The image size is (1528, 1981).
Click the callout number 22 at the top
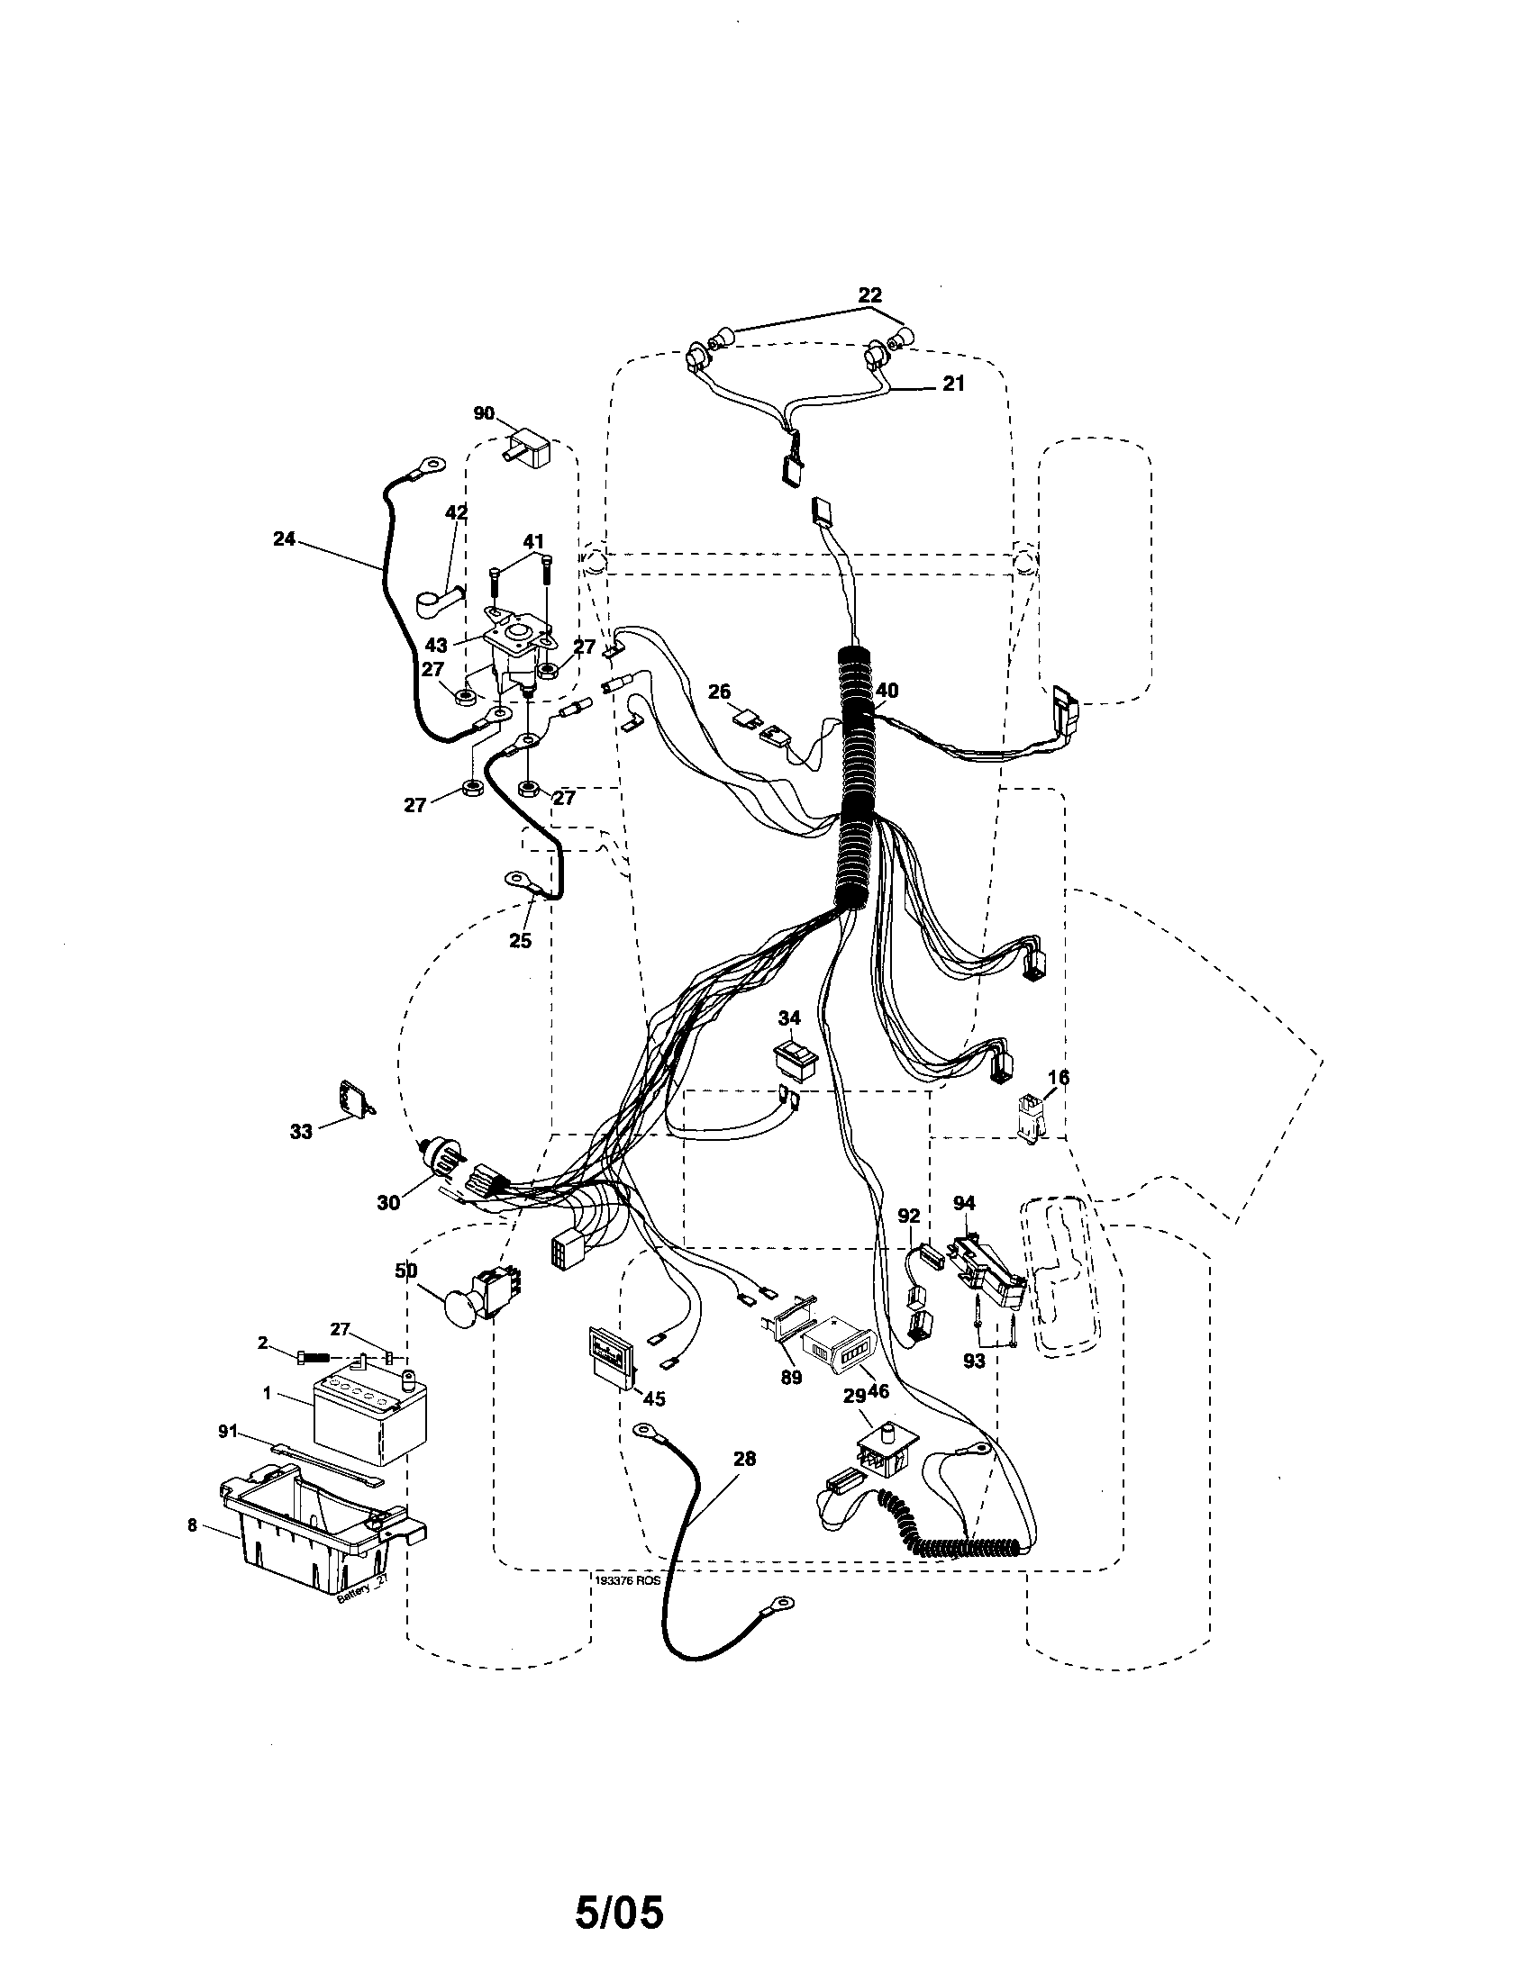coord(869,294)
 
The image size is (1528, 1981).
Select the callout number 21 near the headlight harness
coord(952,384)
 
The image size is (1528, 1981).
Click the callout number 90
coord(484,413)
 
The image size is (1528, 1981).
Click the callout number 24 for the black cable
coord(284,538)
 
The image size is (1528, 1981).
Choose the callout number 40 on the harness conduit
coord(887,691)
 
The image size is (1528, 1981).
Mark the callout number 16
coord(1058,1078)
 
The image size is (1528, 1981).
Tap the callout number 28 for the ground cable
coord(744,1459)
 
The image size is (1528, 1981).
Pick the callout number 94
coord(964,1203)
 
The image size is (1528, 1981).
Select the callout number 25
coord(520,941)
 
